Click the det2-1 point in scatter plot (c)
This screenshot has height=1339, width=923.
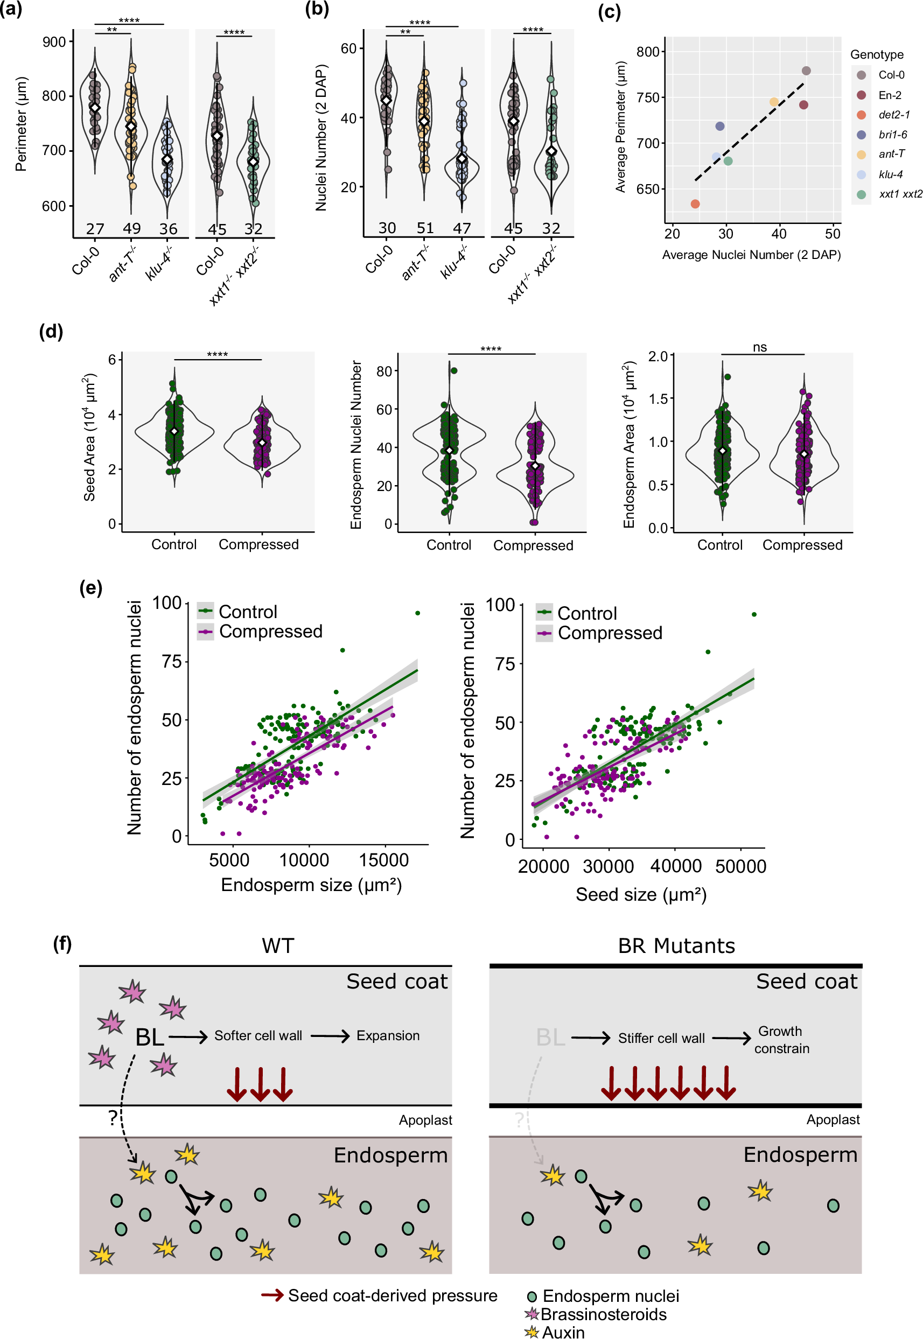tap(695, 204)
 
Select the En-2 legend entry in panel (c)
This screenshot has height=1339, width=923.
tap(889, 95)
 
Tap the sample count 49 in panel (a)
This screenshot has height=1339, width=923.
tap(132, 228)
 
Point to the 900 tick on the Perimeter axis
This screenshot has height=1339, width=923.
tap(54, 41)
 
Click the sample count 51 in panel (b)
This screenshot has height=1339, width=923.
tap(425, 228)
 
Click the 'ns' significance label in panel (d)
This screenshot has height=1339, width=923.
tap(759, 347)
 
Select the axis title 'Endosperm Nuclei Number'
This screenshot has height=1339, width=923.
tap(356, 445)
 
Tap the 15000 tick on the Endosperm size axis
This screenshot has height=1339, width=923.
tap(383, 860)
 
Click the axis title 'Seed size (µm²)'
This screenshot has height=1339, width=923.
tap(641, 894)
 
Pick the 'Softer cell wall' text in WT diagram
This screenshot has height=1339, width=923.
tap(258, 1035)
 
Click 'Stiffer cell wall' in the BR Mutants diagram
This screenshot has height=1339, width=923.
tap(661, 1039)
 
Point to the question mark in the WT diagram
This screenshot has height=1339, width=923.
tap(113, 1118)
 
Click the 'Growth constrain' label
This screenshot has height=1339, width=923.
tap(781, 1040)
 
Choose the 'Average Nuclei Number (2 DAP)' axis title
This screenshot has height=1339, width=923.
tap(751, 255)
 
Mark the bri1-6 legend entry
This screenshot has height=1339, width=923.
tap(892, 135)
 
